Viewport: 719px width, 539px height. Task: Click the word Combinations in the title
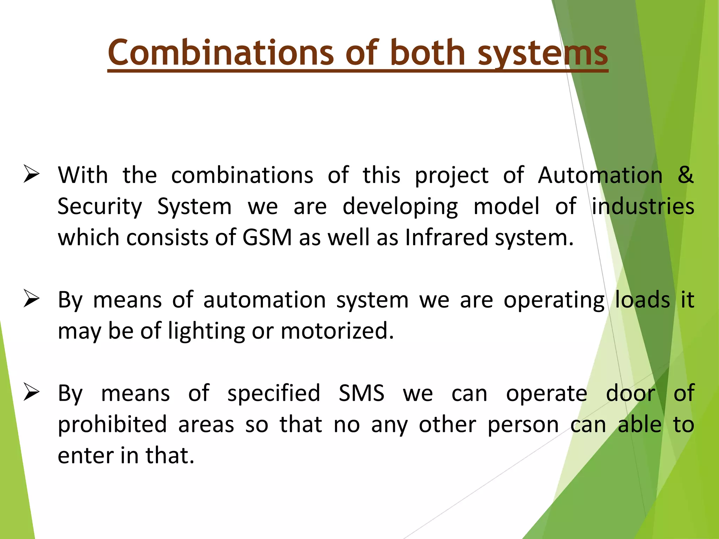click(221, 53)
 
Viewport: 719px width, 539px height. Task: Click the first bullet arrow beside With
click(31, 174)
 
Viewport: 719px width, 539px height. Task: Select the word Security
click(100, 206)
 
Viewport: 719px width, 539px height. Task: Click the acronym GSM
click(267, 237)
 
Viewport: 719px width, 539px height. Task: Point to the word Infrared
click(446, 237)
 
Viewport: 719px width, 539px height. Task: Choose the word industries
click(643, 206)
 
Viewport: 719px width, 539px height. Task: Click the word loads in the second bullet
click(642, 300)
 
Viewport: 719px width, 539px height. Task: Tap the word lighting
click(206, 331)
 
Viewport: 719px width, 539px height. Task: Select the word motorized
click(337, 331)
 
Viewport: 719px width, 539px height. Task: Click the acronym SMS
click(362, 393)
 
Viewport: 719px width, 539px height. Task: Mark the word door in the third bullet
click(631, 393)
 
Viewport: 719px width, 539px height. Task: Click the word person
click(523, 425)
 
